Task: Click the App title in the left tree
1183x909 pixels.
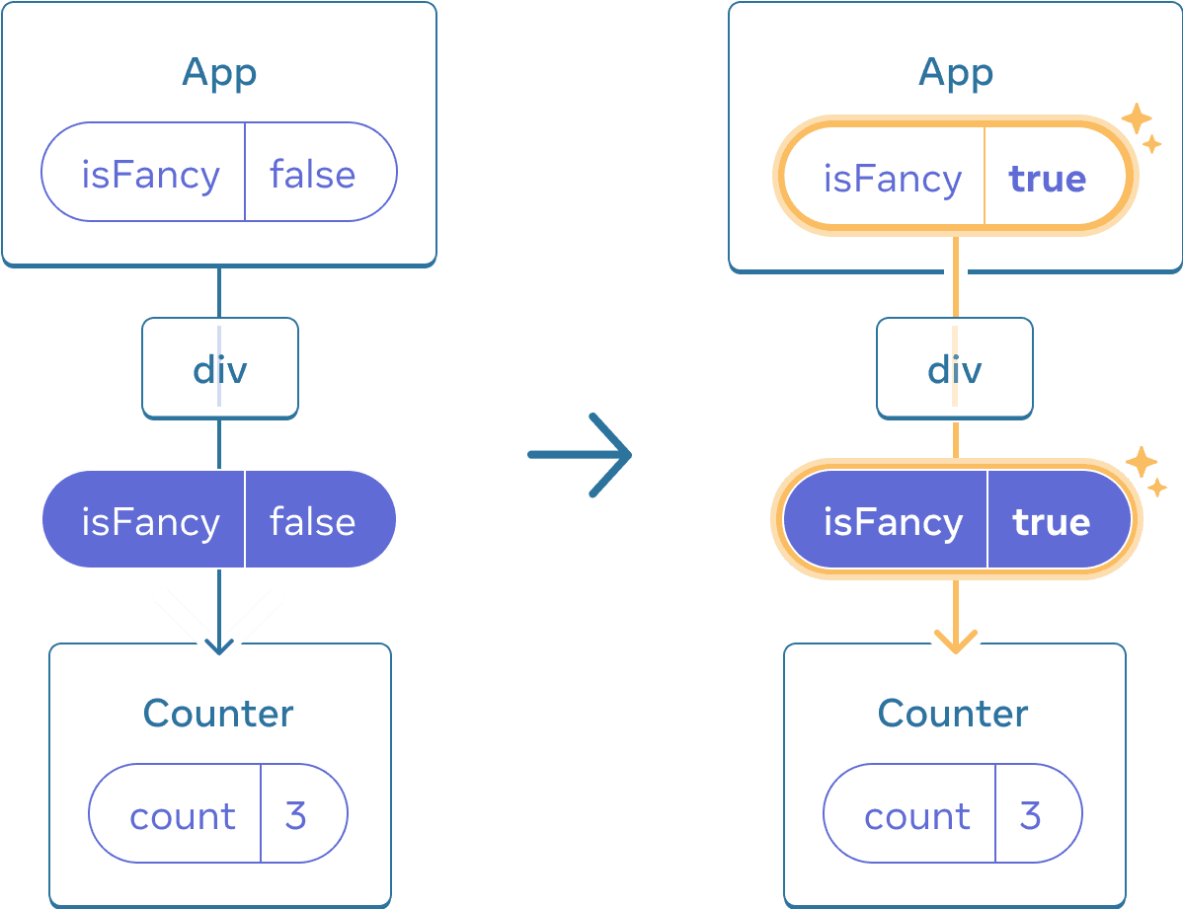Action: [x=219, y=73]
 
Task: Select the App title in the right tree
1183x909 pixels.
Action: [x=955, y=73]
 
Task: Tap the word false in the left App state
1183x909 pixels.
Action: [x=312, y=175]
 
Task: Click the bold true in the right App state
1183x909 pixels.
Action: [x=1047, y=179]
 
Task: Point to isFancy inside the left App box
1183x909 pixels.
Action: [x=150, y=175]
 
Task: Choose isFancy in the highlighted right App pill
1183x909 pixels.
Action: [x=892, y=179]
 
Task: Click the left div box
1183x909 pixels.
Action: [x=219, y=368]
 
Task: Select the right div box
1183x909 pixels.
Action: [x=954, y=368]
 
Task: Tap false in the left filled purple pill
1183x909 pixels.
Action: [x=312, y=521]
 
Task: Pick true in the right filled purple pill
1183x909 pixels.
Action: [x=1051, y=521]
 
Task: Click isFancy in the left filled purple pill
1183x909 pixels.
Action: [x=150, y=521]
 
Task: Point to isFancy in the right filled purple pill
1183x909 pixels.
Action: [x=892, y=521]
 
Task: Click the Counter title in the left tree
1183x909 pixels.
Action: [x=218, y=714]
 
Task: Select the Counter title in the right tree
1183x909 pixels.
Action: [x=953, y=714]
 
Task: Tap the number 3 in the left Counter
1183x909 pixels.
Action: [x=295, y=816]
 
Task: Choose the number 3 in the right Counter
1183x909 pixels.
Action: [x=1030, y=816]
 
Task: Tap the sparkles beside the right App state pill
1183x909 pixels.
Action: [x=1141, y=126]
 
